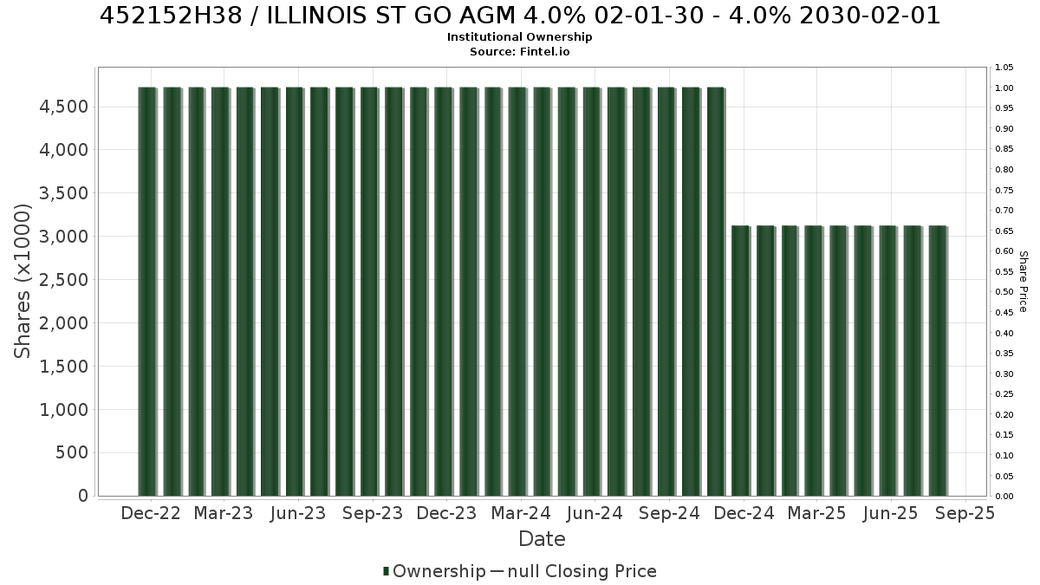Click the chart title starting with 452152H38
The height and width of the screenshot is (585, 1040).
point(520,16)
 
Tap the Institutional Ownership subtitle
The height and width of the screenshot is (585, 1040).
point(519,37)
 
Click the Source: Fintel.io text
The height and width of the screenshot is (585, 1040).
point(519,51)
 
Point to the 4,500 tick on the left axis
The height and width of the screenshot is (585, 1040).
point(63,107)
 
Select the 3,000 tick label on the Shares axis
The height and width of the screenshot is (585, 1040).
point(63,237)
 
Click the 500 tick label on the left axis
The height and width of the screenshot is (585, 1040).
point(72,452)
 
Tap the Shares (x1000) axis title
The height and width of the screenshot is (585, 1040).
point(22,282)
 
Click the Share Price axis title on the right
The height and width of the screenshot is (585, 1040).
point(1023,282)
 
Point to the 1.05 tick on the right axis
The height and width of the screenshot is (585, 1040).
point(1004,68)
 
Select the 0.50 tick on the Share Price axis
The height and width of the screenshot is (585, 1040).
point(1004,292)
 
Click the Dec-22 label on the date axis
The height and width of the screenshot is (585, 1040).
point(151,513)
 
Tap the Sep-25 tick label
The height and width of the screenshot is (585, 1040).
point(965,513)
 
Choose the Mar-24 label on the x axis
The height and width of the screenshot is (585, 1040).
point(521,513)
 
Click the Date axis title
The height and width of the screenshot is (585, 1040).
point(542,539)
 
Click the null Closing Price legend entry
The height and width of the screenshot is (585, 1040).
point(574,571)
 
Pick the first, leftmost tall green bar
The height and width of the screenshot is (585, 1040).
point(147,291)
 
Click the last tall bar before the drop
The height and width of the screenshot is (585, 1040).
point(716,291)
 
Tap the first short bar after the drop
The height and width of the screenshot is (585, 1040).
point(740,361)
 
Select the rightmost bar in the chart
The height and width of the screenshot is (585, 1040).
point(938,361)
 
